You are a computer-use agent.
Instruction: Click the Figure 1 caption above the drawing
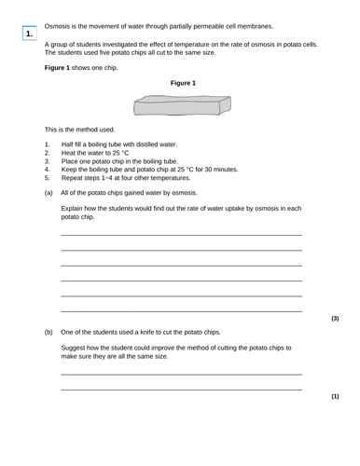tap(183, 83)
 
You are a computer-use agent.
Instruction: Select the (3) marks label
tap(335, 319)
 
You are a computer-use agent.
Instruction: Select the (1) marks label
tap(335, 397)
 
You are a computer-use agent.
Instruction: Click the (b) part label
tap(48, 332)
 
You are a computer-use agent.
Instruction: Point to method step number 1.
tap(48, 144)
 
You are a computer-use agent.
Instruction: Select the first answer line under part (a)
tap(181, 235)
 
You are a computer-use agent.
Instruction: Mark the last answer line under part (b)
tap(181, 390)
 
